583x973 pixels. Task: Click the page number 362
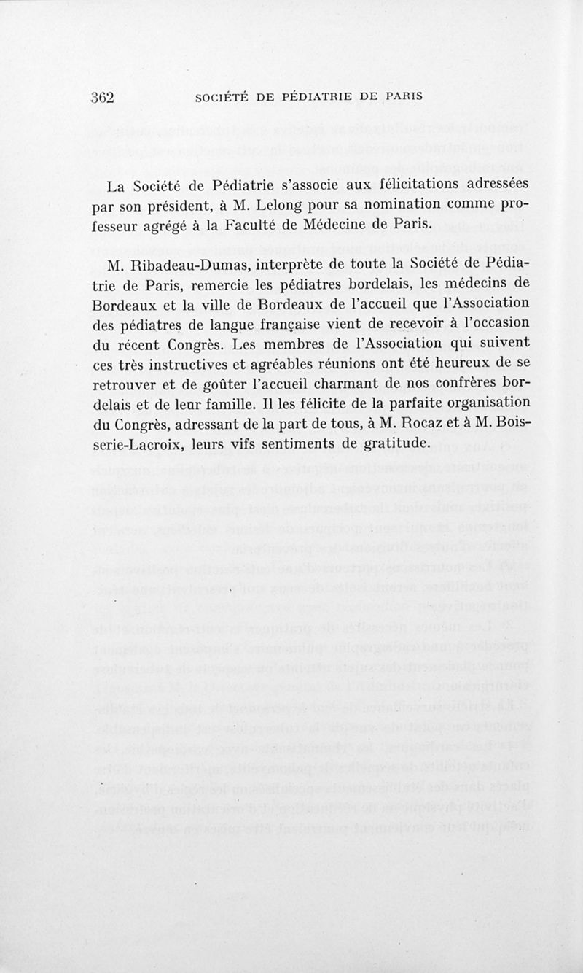104,98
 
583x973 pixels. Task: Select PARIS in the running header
404,97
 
